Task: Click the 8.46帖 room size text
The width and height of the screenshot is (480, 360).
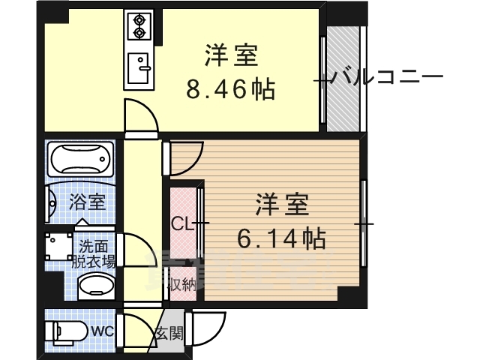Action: click(230, 91)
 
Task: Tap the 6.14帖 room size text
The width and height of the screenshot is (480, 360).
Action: click(280, 239)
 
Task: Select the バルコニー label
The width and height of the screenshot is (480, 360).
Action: click(387, 76)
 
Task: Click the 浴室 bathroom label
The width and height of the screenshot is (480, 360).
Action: click(87, 202)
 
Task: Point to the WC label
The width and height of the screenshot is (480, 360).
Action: click(102, 330)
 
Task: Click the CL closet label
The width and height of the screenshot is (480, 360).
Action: click(181, 223)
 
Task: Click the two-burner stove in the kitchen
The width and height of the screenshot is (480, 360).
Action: click(139, 27)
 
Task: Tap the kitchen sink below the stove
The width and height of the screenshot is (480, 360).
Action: click(139, 70)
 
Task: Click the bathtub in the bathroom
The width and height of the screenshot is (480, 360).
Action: click(80, 159)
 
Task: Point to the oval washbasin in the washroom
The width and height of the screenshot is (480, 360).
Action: click(95, 286)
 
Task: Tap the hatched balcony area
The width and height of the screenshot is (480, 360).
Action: click(345, 75)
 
